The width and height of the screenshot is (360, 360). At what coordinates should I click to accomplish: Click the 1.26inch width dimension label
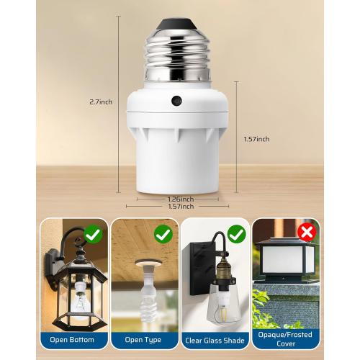coord(181,199)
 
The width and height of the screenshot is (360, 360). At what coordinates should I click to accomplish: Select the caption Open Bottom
coord(74,340)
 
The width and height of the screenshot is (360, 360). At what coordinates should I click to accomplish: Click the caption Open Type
coord(144,340)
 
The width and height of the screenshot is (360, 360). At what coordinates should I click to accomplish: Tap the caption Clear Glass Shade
coord(214,340)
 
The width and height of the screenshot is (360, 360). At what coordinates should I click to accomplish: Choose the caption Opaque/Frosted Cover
coord(286,340)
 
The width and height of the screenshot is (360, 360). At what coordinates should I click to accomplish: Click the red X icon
coord(307,232)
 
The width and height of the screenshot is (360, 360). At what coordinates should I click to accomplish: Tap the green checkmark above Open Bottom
coord(92,235)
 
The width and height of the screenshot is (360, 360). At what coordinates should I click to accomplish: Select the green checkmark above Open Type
coord(163,235)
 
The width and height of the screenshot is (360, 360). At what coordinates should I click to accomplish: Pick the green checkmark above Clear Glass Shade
coord(236,235)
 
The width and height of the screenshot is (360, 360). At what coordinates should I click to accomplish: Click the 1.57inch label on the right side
coord(258,139)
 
